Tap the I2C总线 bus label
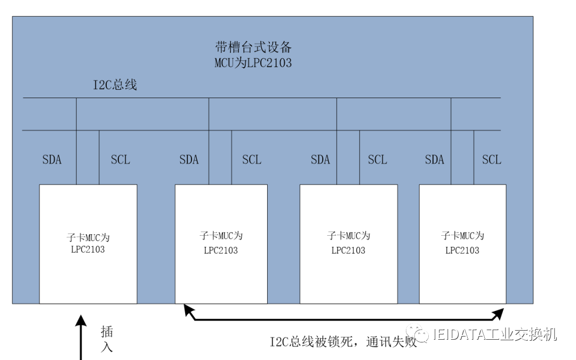pyautogui.click(x=115, y=85)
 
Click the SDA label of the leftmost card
pyautogui.click(x=52, y=159)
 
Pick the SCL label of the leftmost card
pyautogui.click(x=120, y=159)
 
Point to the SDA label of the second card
pyautogui.click(x=189, y=159)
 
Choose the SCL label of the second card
pyautogui.click(x=252, y=159)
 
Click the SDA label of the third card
pyautogui.click(x=320, y=159)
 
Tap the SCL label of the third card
pyautogui.click(x=377, y=159)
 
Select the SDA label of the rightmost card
pyautogui.click(x=435, y=159)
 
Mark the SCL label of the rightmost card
pyautogui.click(x=491, y=159)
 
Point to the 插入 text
pyautogui.click(x=107, y=339)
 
